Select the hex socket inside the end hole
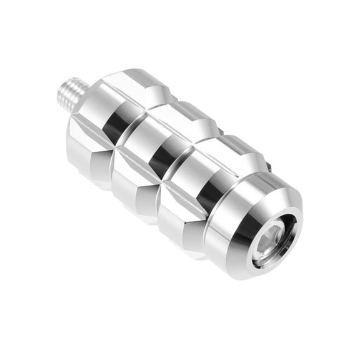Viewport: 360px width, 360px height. point(273,241)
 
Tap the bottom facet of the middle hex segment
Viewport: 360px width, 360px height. point(134,194)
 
